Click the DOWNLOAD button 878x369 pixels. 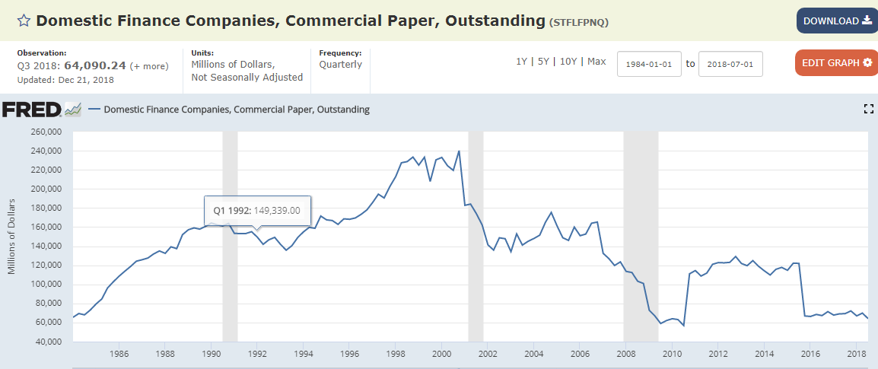837,21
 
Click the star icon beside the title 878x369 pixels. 24,21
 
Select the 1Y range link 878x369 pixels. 522,62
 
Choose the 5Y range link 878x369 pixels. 543,62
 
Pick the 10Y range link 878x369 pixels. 568,62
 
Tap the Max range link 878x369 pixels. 596,62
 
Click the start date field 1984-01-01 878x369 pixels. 648,64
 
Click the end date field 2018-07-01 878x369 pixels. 730,64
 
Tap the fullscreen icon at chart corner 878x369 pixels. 868,110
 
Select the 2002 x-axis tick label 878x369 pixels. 488,354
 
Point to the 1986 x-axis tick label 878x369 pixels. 119,354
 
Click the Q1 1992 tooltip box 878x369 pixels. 256,211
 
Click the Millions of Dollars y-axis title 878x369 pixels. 12,236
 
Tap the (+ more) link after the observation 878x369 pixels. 149,66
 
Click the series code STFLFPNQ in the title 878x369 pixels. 579,22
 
